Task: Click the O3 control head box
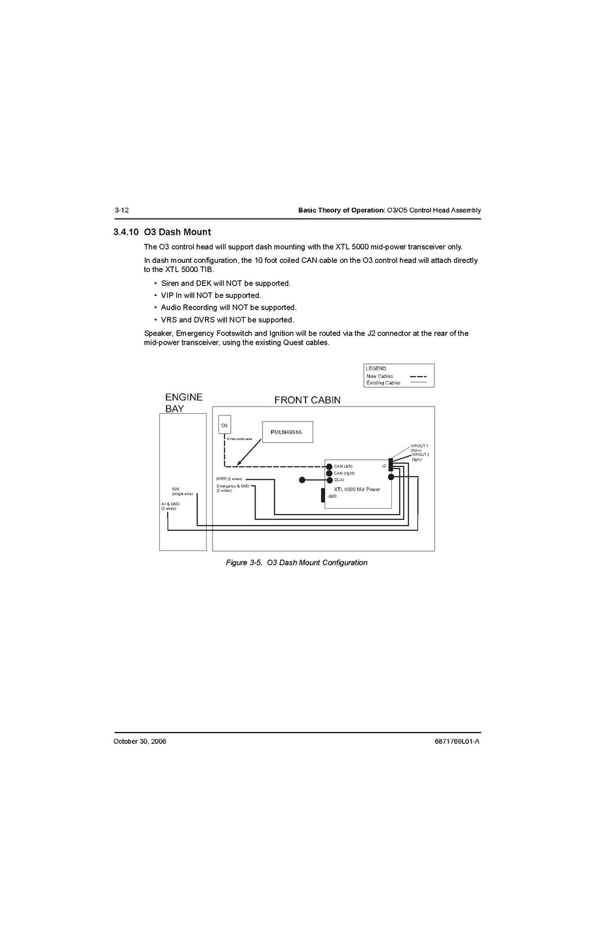(224, 425)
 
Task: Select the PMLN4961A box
(287, 432)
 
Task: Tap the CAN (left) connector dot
(330, 466)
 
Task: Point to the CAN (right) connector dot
(330, 473)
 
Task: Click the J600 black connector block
(323, 495)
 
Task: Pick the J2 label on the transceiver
(384, 466)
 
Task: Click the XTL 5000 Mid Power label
(357, 489)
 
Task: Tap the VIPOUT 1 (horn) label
(419, 448)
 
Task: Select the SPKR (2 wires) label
(229, 479)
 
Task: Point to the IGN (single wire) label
(182, 491)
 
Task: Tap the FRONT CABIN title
(307, 400)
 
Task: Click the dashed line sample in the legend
(418, 376)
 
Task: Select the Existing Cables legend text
(383, 383)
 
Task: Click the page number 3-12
(122, 210)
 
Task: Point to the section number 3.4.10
(125, 232)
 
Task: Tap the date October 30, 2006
(140, 741)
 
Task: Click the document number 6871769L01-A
(456, 741)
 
